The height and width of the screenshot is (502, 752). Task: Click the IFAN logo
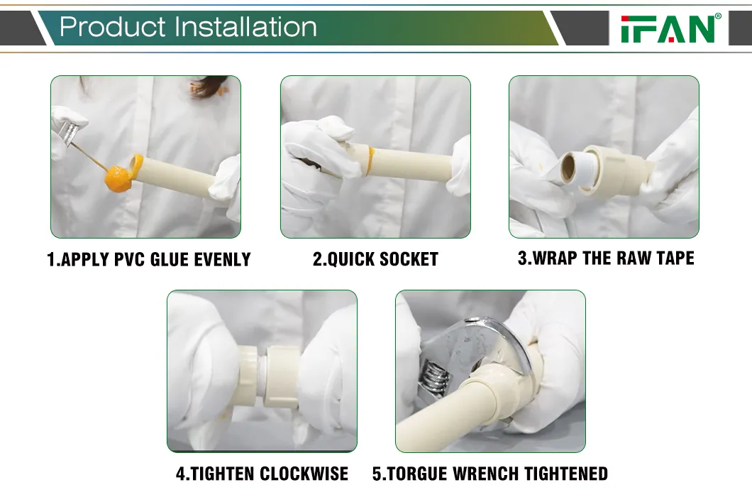pyautogui.click(x=667, y=29)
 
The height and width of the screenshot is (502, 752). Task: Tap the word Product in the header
pyautogui.click(x=113, y=27)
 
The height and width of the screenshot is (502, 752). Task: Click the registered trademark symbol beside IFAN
pyautogui.click(x=718, y=16)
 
